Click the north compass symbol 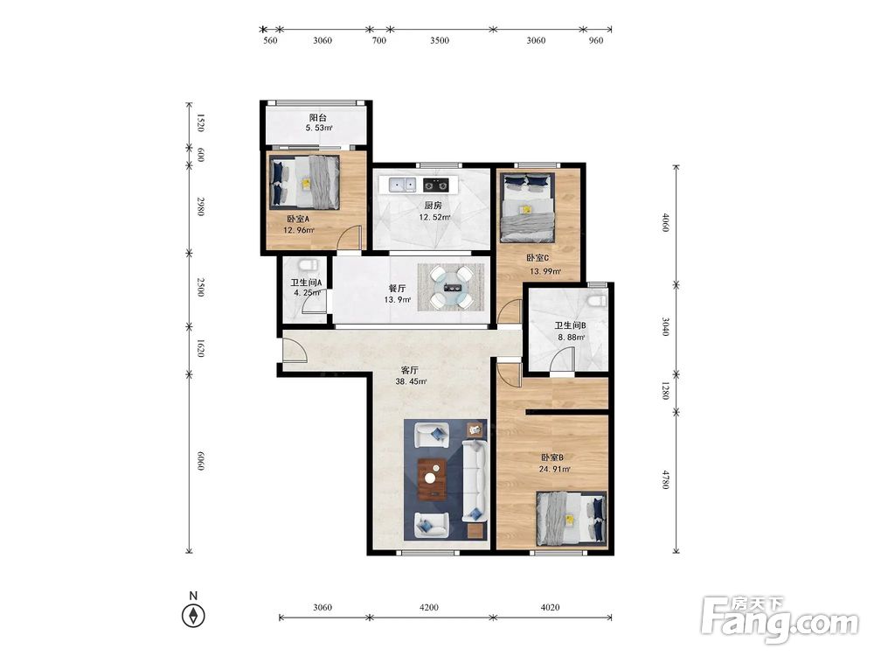(x=193, y=616)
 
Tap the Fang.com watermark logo (x=780, y=620)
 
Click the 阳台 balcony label (x=318, y=118)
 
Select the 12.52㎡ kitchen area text (x=434, y=218)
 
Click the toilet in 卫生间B (x=596, y=300)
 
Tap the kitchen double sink (x=402, y=184)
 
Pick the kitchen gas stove (x=436, y=184)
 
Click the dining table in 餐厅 (x=451, y=288)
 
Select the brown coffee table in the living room (x=432, y=478)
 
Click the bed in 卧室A (x=305, y=183)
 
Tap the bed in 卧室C (x=527, y=207)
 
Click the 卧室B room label (x=551, y=457)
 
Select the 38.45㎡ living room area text (x=411, y=382)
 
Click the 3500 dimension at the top (x=440, y=40)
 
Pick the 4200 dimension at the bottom (x=428, y=607)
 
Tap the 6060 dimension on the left (x=201, y=460)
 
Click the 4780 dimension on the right (x=665, y=479)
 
